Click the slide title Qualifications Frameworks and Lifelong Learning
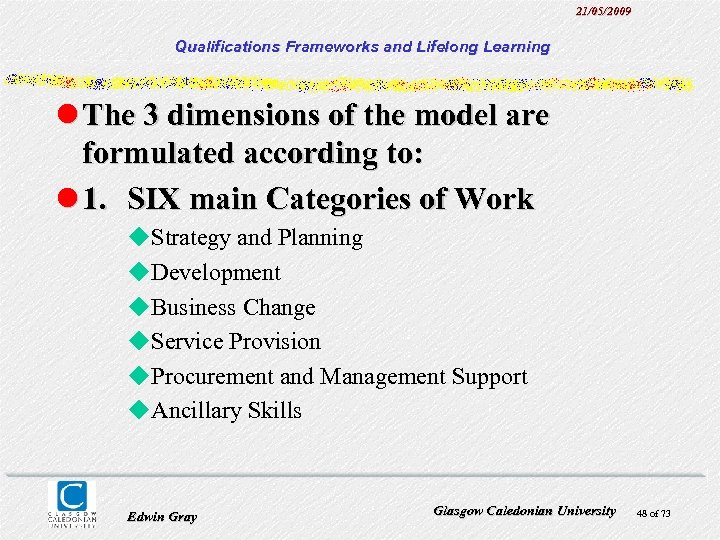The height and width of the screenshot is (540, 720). pos(362,46)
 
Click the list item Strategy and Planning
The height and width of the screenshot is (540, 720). pos(256,238)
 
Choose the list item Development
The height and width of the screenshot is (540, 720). pos(215,273)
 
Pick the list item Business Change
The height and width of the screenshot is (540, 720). pos(232,308)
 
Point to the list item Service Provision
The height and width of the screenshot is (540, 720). pos(235,342)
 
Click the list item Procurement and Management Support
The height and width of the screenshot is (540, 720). pos(338,377)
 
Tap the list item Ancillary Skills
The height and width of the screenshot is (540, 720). pos(226,411)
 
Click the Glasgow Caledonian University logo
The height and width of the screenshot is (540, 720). pos(73,503)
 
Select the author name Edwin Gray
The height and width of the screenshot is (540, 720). pos(162,516)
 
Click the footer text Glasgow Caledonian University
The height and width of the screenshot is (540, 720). pos(524,510)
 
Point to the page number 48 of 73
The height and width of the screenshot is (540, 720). pos(653,513)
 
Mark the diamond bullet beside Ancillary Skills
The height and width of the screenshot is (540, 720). pos(139,411)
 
